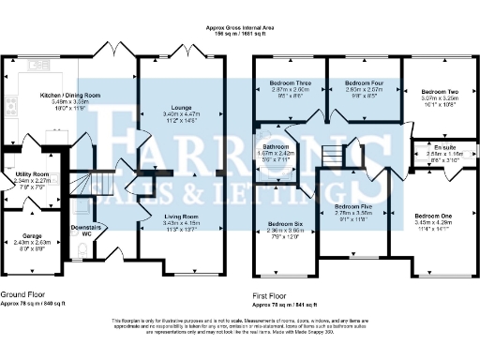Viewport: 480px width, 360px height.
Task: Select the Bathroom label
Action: click(277, 146)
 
